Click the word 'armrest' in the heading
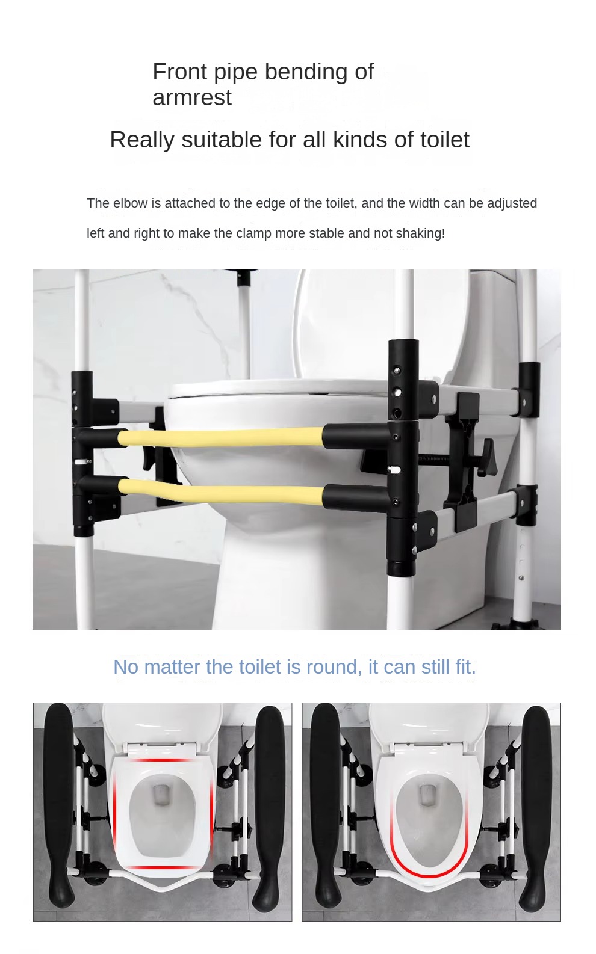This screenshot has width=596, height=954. [x=191, y=98]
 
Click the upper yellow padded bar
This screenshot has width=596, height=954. [x=223, y=437]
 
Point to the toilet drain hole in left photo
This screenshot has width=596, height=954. [x=161, y=796]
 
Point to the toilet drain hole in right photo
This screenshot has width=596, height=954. [x=427, y=795]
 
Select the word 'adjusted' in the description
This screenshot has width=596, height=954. [x=512, y=203]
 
